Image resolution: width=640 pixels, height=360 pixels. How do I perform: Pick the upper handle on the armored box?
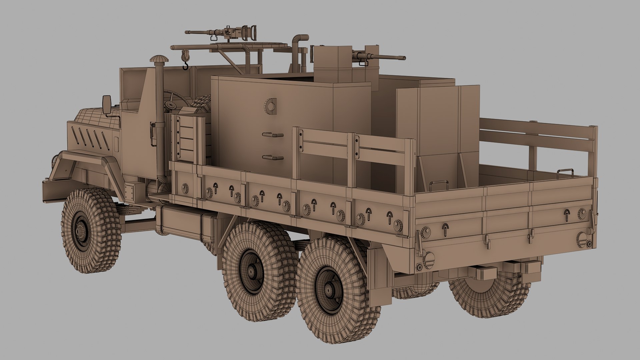pyautogui.click(x=273, y=135)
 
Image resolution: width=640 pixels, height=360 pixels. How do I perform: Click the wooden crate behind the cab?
pyautogui.click(x=187, y=137)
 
